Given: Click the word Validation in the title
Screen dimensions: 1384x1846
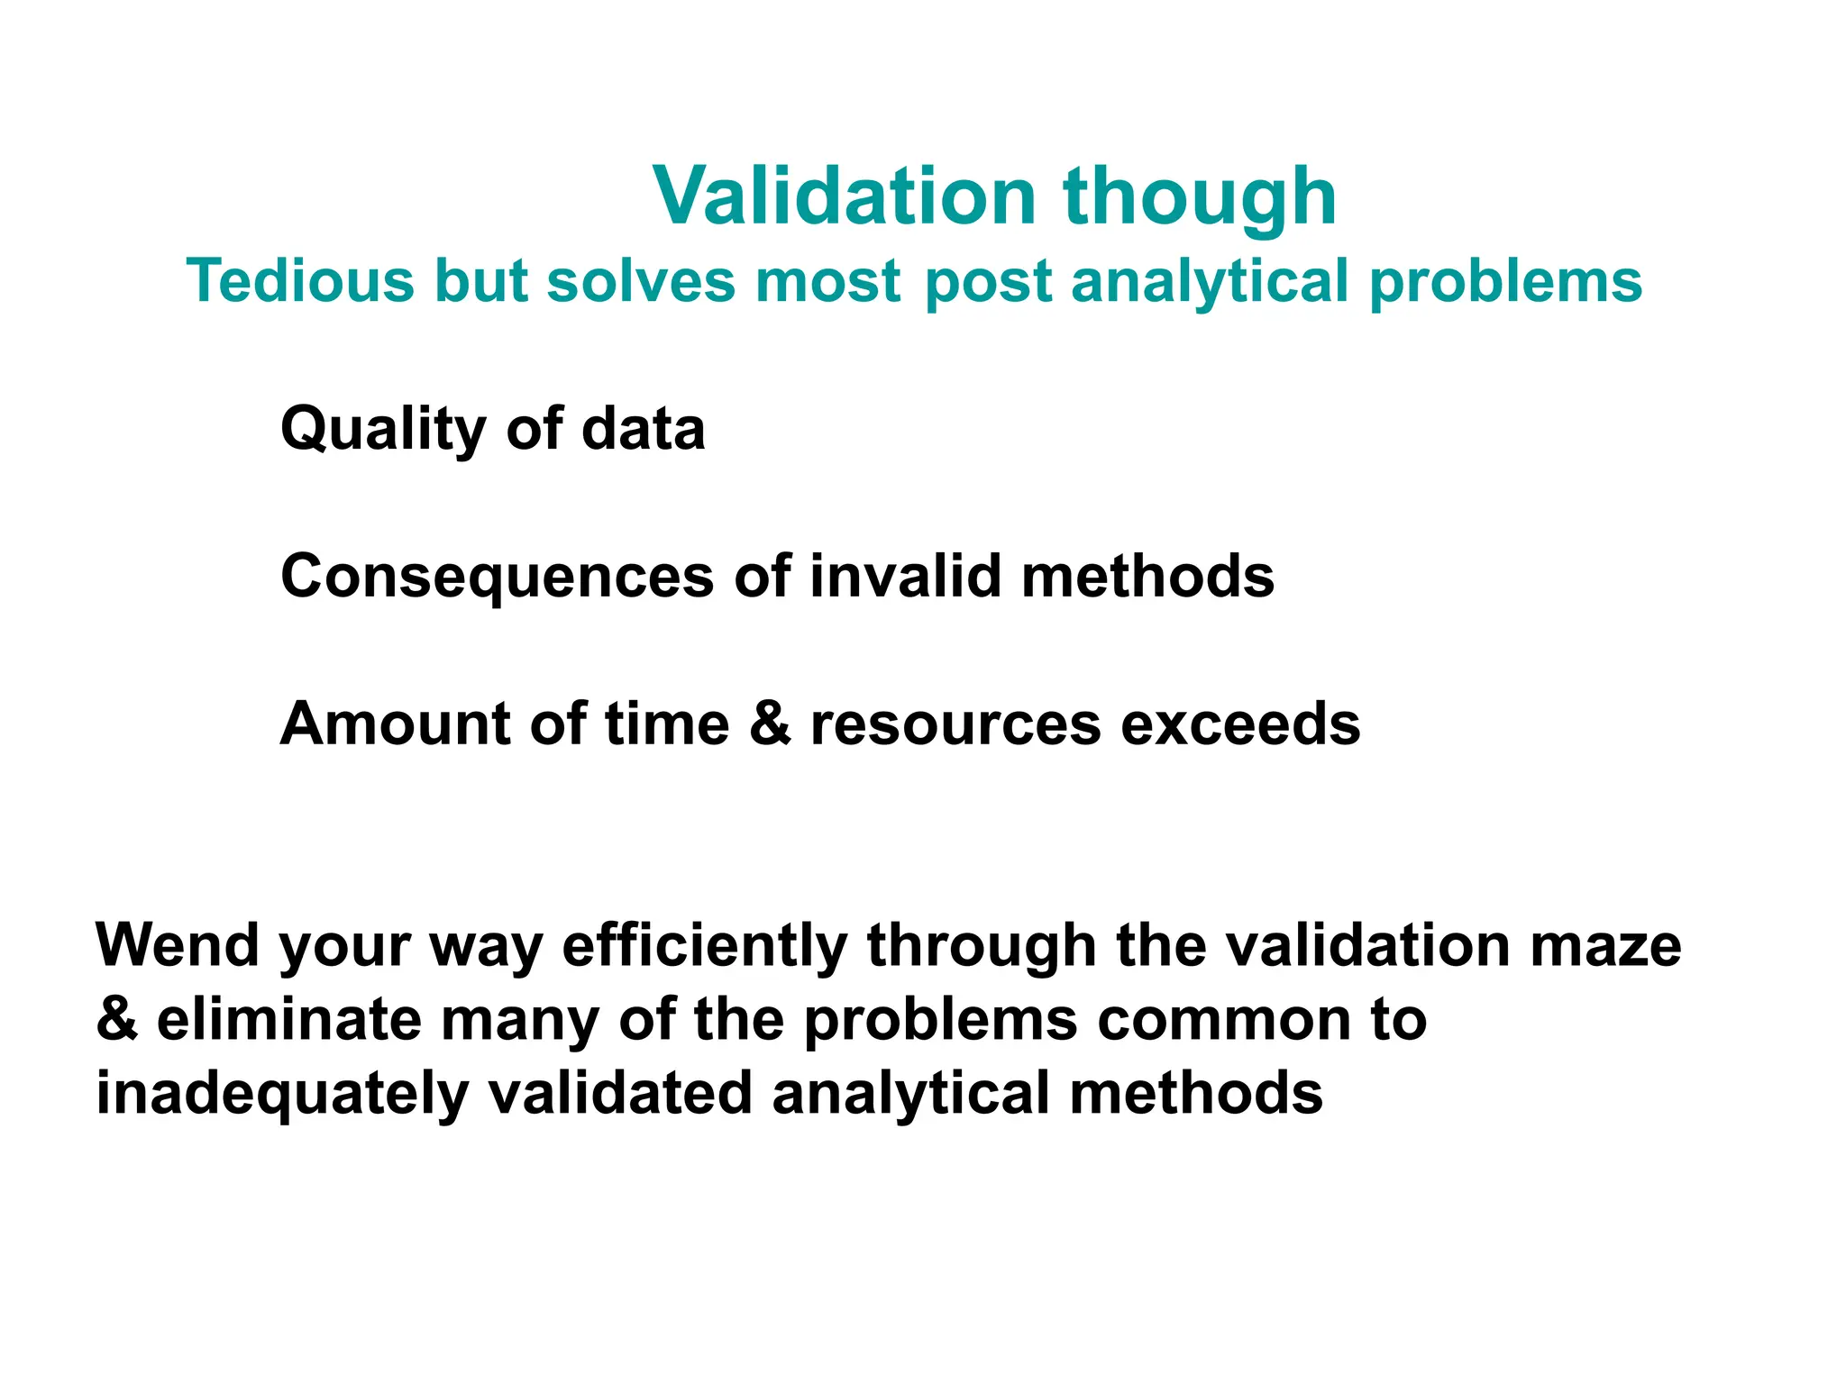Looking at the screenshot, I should point(845,196).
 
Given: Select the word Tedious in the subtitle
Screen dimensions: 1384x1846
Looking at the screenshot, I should point(300,280).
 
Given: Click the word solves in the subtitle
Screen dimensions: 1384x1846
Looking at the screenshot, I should point(641,280).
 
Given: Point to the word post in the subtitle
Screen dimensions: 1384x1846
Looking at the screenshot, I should point(988,282).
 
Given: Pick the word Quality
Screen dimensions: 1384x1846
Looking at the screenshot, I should point(383,430).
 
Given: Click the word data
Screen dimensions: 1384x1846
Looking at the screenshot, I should point(643,428).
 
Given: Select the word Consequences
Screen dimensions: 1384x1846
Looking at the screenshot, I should point(497,577).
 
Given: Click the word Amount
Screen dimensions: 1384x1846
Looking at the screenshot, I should point(395,724).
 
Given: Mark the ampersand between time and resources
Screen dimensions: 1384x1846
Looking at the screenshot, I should point(770,724).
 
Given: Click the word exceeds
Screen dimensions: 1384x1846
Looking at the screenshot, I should point(1240,724).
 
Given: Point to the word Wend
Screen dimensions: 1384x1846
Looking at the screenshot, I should point(178,945).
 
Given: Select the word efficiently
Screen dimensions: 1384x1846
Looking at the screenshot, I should point(705,947).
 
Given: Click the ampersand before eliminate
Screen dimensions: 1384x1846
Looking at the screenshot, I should point(116,1020).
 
